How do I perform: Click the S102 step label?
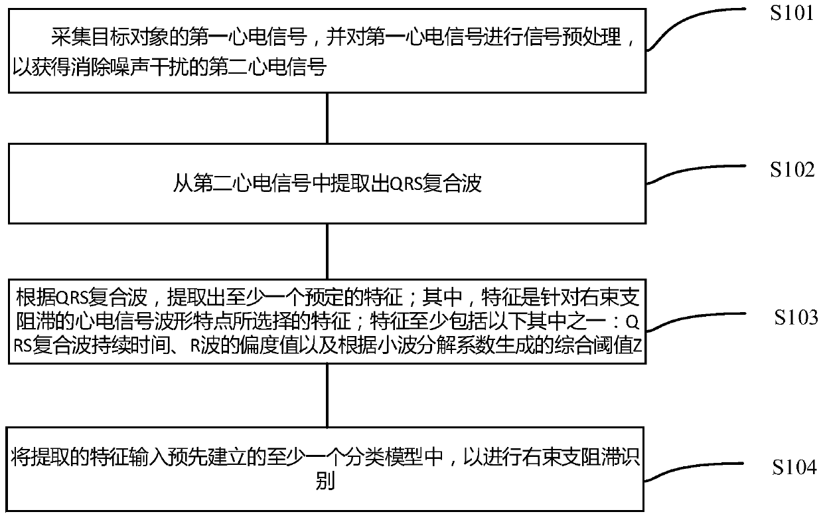[x=792, y=170]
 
